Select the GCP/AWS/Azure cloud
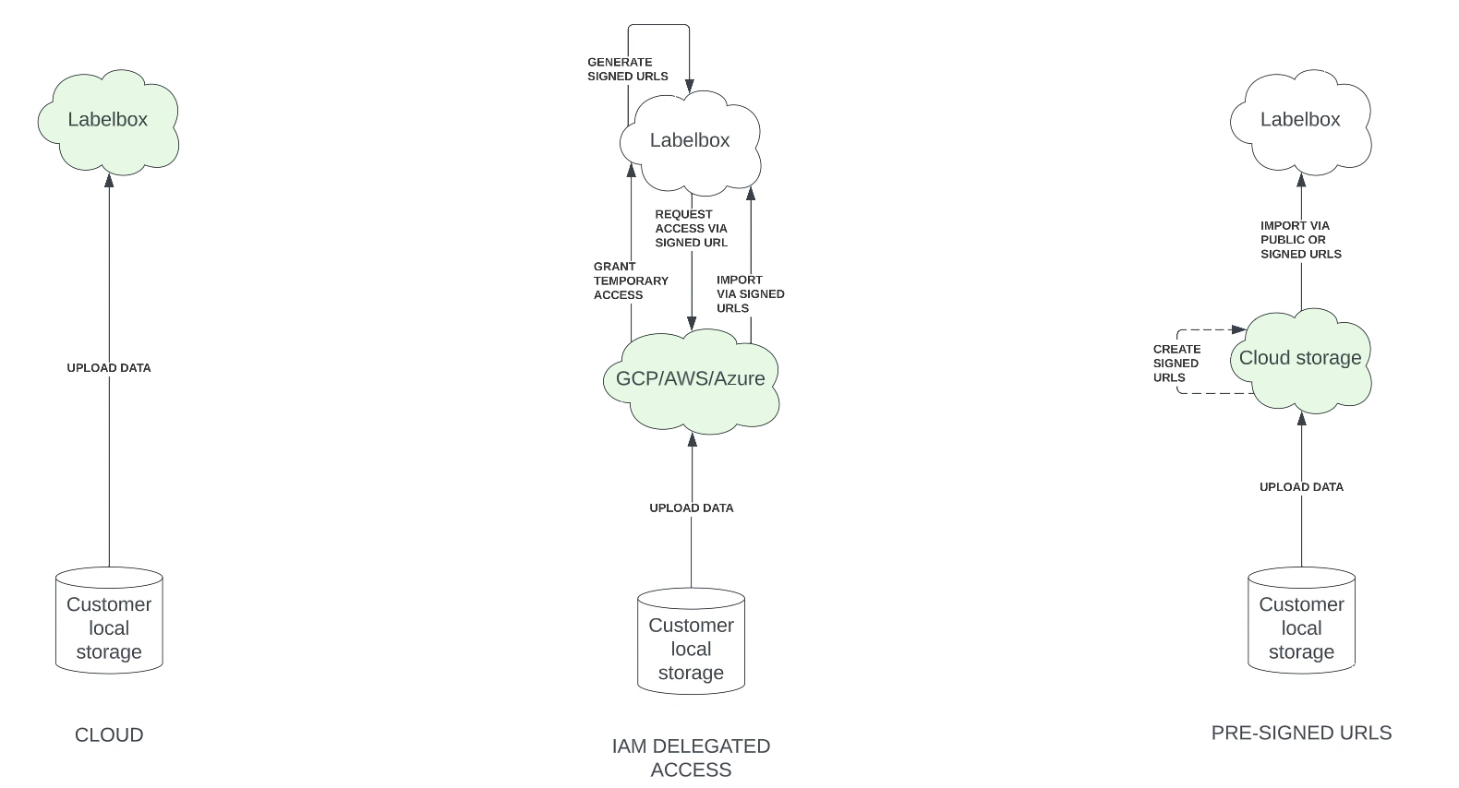[x=691, y=379]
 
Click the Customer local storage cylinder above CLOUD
[x=109, y=623]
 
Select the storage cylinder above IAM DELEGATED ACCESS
[x=691, y=643]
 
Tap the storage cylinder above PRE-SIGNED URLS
[x=1301, y=623]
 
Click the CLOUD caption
[x=109, y=735]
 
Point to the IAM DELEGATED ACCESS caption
[x=691, y=758]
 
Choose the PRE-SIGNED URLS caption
[x=1301, y=734]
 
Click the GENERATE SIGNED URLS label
[x=628, y=69]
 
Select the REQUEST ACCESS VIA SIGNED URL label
[x=691, y=229]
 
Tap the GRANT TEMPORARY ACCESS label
[x=631, y=281]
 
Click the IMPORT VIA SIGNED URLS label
[x=750, y=293]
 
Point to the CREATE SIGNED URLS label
[x=1176, y=364]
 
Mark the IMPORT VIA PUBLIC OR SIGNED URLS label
[x=1300, y=240]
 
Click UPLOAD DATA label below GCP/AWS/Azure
[x=691, y=508]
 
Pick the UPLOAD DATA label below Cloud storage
[x=1301, y=487]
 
